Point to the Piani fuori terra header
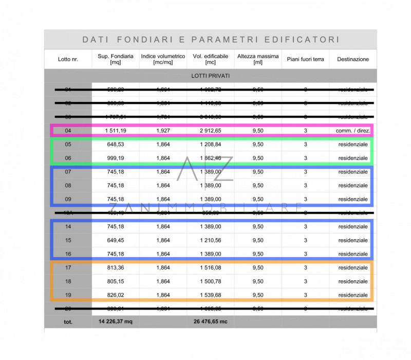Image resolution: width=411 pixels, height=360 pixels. tap(305, 59)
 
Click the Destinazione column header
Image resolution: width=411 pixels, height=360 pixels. tap(353, 59)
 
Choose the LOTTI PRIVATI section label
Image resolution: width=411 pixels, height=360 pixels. tap(210, 76)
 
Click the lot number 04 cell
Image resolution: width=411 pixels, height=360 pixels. tap(68, 131)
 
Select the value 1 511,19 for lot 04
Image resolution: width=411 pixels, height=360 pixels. tap(116, 131)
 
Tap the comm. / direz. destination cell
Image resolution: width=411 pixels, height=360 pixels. tap(353, 131)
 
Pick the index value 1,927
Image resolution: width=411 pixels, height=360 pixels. tap(163, 131)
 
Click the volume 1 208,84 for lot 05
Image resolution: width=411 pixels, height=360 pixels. tap(211, 145)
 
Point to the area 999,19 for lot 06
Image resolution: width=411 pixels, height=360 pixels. tap(116, 158)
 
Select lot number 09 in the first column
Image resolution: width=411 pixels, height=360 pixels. tap(68, 199)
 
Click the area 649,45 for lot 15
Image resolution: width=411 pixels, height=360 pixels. tap(116, 240)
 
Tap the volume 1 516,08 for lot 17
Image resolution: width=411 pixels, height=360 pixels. tap(211, 267)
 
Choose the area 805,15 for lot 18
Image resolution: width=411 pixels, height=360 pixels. tap(116, 281)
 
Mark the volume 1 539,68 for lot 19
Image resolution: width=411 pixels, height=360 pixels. tap(211, 295)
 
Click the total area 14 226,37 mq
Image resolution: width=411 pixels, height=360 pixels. tap(116, 322)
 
